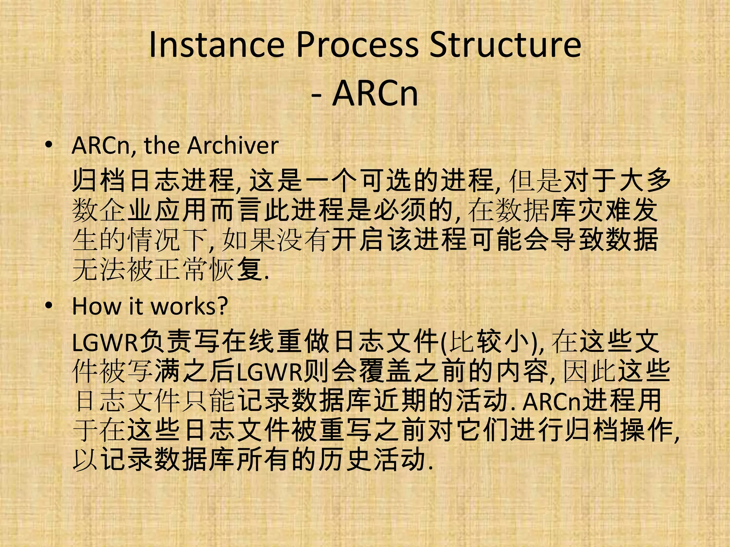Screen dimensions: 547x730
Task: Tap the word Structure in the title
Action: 505,45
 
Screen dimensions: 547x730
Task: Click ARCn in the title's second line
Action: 375,94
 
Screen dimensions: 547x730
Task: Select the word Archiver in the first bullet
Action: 233,146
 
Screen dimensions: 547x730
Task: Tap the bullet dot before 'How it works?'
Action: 49,306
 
